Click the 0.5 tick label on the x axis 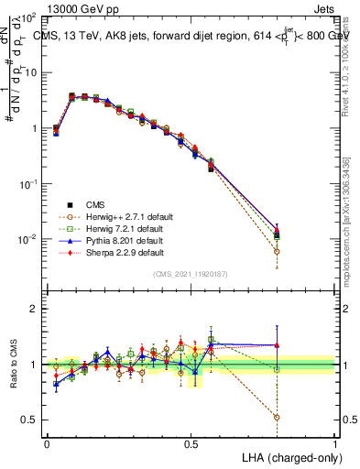coord(191,443)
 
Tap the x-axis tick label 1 coord(335,443)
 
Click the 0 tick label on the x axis coord(47,443)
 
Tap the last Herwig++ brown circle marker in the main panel coord(277,251)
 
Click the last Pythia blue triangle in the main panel coord(277,224)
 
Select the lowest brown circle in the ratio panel coord(277,417)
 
